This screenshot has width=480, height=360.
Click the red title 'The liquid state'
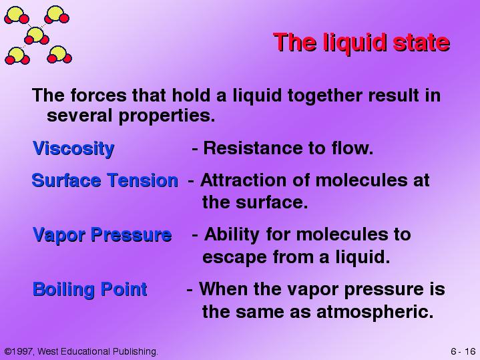[362, 42]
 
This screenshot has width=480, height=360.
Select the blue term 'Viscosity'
[73, 149]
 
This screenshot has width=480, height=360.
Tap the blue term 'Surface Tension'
[105, 180]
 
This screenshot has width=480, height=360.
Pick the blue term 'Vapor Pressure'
[102, 235]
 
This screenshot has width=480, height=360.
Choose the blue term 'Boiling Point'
[90, 289]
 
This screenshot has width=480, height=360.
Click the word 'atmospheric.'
[375, 312]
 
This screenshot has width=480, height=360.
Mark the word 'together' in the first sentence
[325, 96]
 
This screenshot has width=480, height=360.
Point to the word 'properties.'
[166, 116]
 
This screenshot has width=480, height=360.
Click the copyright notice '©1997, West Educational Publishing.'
[81, 351]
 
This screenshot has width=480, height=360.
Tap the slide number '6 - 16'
[463, 351]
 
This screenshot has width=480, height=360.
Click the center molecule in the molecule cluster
[37, 35]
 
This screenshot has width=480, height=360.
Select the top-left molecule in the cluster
[16, 15]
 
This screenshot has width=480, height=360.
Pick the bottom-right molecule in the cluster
[59, 55]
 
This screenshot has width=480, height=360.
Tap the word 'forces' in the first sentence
[98, 95]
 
